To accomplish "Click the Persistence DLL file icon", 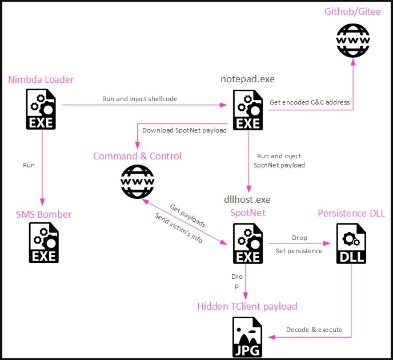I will tap(351, 242).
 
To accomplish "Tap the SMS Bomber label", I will tap(43, 214).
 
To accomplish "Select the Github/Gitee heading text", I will tap(352, 11).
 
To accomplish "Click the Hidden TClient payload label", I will tap(247, 306).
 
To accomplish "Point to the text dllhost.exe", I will tap(247, 199).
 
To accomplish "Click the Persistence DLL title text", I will tap(351, 213).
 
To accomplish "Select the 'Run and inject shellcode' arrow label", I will tap(139, 99).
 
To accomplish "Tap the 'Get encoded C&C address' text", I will tap(310, 102).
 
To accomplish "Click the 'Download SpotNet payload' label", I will tap(184, 130).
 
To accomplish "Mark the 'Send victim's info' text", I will tap(178, 228).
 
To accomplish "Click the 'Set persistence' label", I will tap(299, 250).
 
